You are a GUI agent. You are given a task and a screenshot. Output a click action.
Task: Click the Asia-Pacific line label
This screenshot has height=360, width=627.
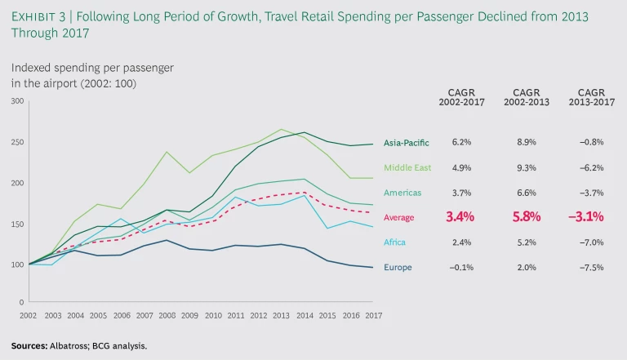(x=405, y=144)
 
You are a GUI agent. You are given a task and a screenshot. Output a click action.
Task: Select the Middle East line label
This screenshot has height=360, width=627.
(x=405, y=168)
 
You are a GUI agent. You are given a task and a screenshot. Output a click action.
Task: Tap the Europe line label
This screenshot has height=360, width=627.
(x=398, y=267)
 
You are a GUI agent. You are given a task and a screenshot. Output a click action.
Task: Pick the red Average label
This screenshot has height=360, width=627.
(x=399, y=218)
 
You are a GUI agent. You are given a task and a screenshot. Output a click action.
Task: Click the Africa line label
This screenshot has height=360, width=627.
(x=395, y=242)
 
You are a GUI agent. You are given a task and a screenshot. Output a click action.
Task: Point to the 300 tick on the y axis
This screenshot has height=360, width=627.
(x=17, y=101)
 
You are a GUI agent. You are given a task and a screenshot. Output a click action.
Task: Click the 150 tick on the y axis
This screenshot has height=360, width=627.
(x=17, y=224)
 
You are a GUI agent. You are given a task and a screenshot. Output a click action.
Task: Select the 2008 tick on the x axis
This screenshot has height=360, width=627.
(x=167, y=314)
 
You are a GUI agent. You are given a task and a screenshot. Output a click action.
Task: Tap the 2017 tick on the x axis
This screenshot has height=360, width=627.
(x=374, y=314)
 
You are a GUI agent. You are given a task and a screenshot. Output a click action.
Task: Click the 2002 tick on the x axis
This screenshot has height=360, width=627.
(x=29, y=314)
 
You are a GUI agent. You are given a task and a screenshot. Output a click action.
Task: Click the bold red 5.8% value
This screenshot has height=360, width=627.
(x=525, y=217)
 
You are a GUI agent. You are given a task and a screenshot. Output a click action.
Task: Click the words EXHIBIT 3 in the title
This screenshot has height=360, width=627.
(x=42, y=16)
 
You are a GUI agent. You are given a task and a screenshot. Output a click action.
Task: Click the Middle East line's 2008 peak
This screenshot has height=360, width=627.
(x=167, y=152)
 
